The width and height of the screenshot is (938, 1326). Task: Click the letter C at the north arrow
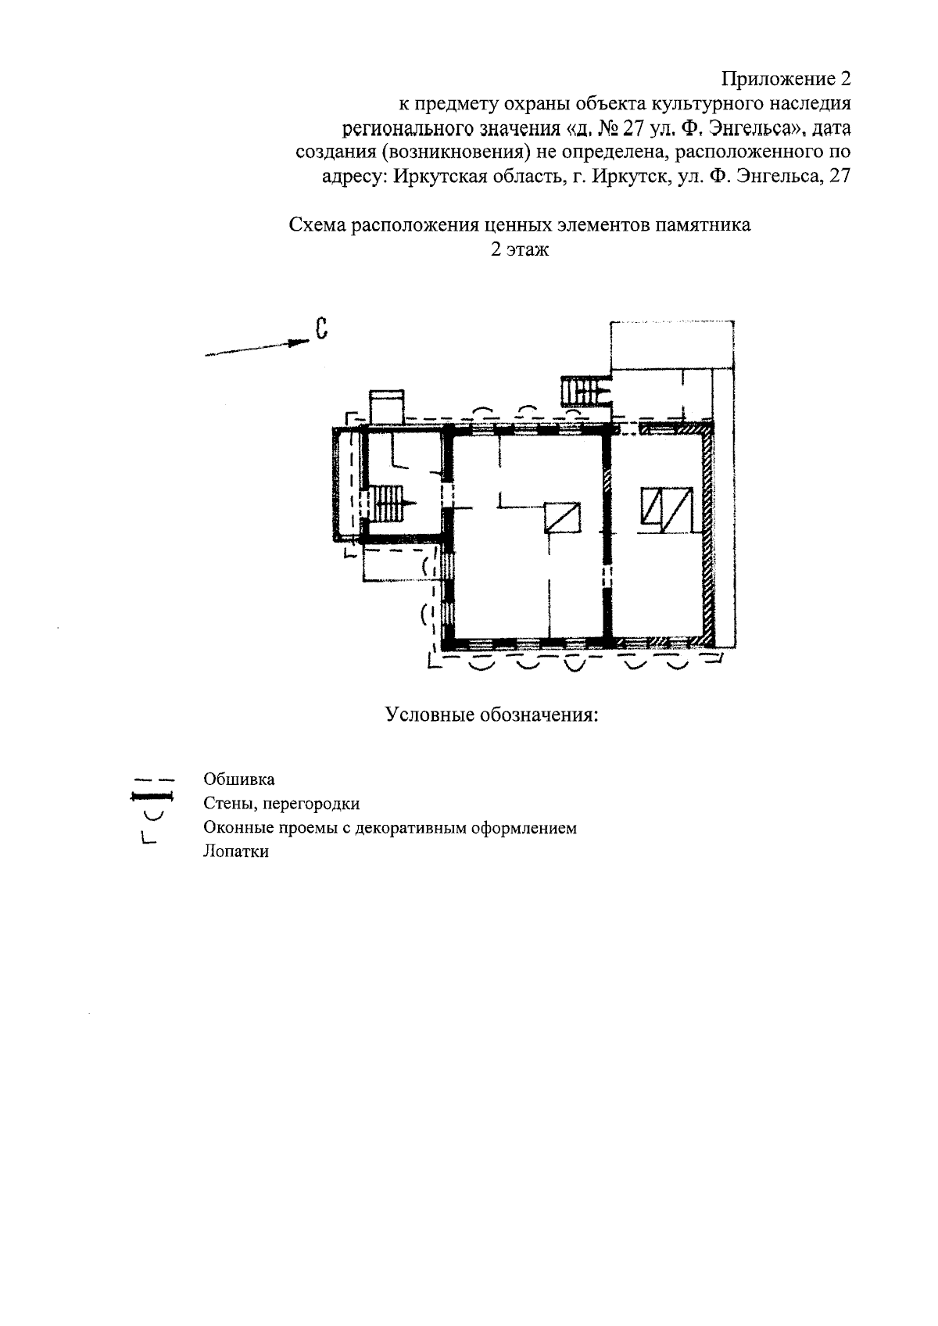coord(320,329)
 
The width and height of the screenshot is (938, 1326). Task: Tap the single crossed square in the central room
coord(563,518)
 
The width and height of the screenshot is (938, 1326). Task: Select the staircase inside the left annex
coord(388,503)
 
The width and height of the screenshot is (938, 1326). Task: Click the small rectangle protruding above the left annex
coord(386,407)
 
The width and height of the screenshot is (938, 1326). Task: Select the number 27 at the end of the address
coord(839,176)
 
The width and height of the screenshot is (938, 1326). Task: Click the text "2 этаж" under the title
coord(519,250)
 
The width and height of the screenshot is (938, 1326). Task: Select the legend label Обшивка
coord(238,779)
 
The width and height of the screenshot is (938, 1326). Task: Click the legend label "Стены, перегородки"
coord(281,804)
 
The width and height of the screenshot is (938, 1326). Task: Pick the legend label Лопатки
coord(235,852)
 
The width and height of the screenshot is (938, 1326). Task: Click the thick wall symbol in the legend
coord(151,797)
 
